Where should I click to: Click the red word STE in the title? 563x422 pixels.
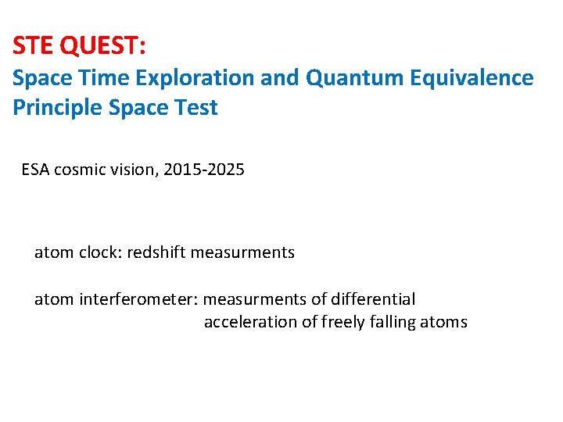point(34,46)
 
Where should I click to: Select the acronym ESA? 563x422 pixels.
point(36,169)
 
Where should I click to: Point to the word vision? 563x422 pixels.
point(134,169)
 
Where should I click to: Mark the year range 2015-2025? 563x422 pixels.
point(206,169)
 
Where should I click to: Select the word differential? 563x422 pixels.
point(374,299)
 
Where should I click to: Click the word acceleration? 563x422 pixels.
point(250,322)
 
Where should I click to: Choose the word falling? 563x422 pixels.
point(396,322)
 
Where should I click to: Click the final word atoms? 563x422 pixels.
point(446,322)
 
